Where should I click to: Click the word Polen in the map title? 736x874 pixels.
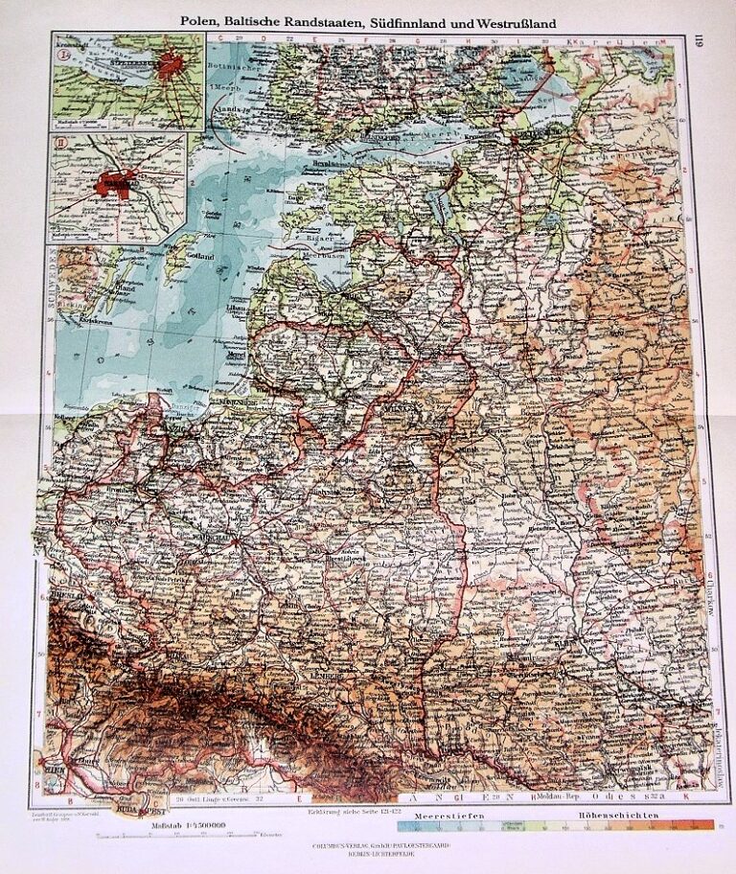pyautogui.click(x=201, y=20)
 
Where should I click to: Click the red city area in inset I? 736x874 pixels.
pyautogui.click(x=173, y=68)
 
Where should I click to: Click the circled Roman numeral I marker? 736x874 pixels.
pyautogui.click(x=64, y=52)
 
